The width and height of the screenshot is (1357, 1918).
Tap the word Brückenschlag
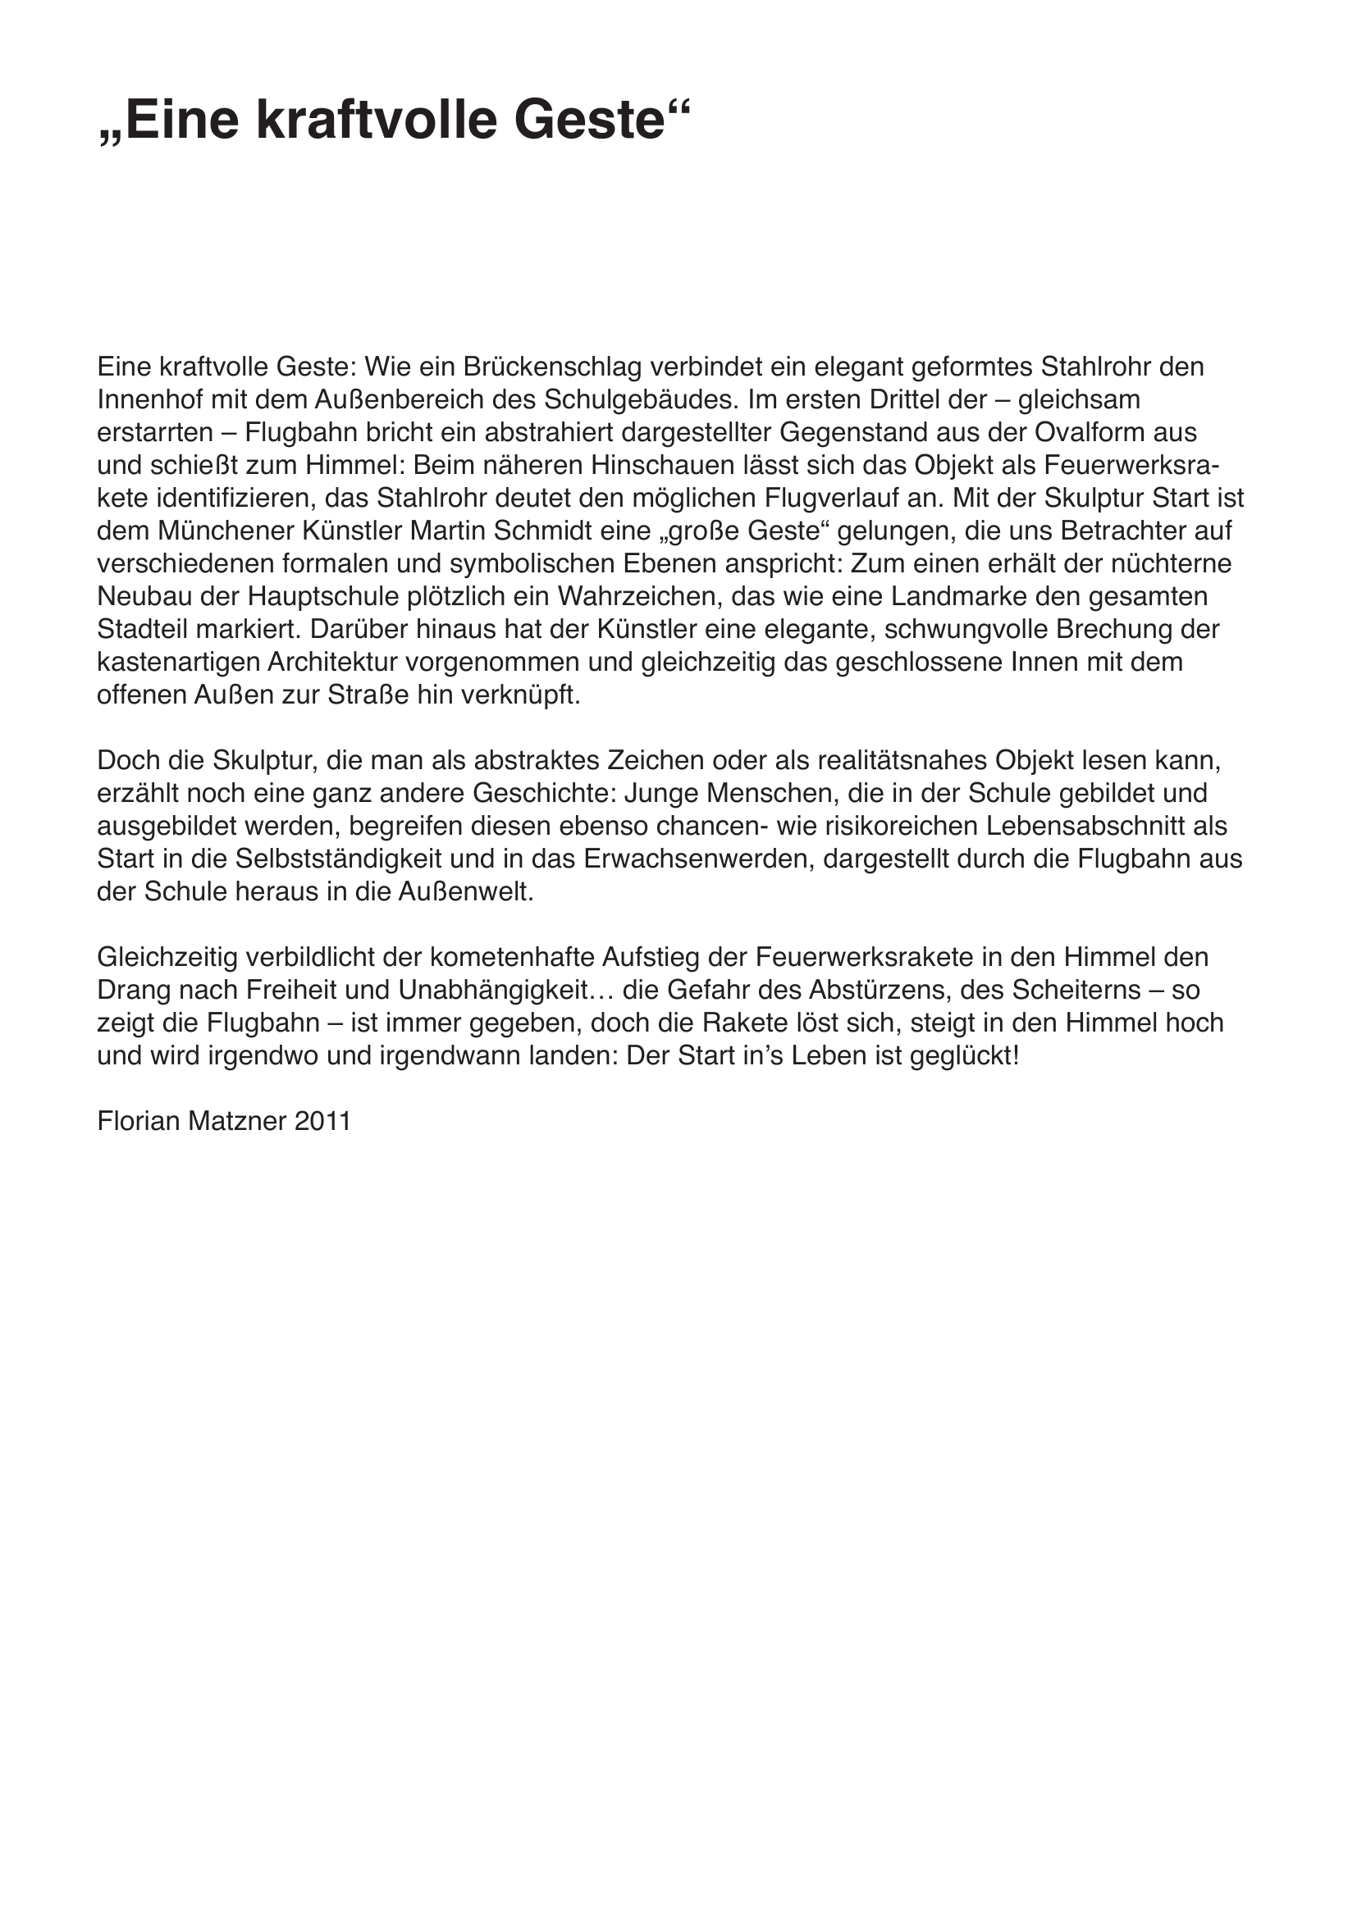[x=551, y=367]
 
